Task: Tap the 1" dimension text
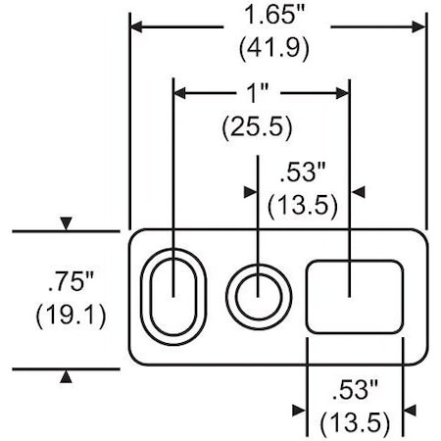(260, 94)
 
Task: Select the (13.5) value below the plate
(355, 422)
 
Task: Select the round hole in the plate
(259, 291)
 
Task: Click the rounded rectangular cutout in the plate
(355, 295)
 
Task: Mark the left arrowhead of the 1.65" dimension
(136, 25)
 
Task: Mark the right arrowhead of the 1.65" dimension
(420, 25)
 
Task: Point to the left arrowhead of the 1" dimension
(179, 94)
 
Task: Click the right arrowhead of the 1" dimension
(343, 94)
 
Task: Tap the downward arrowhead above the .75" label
(66, 225)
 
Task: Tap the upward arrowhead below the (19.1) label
(66, 375)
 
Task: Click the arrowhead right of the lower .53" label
(411, 409)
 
